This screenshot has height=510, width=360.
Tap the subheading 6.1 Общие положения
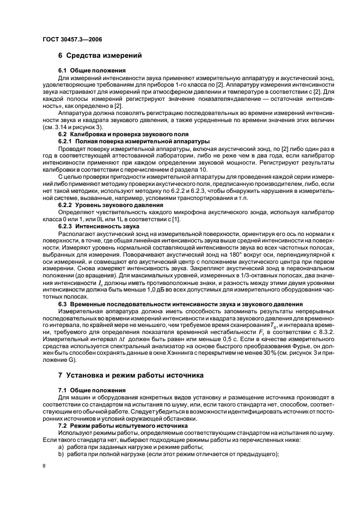92,71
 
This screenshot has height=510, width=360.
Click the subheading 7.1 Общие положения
92,391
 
